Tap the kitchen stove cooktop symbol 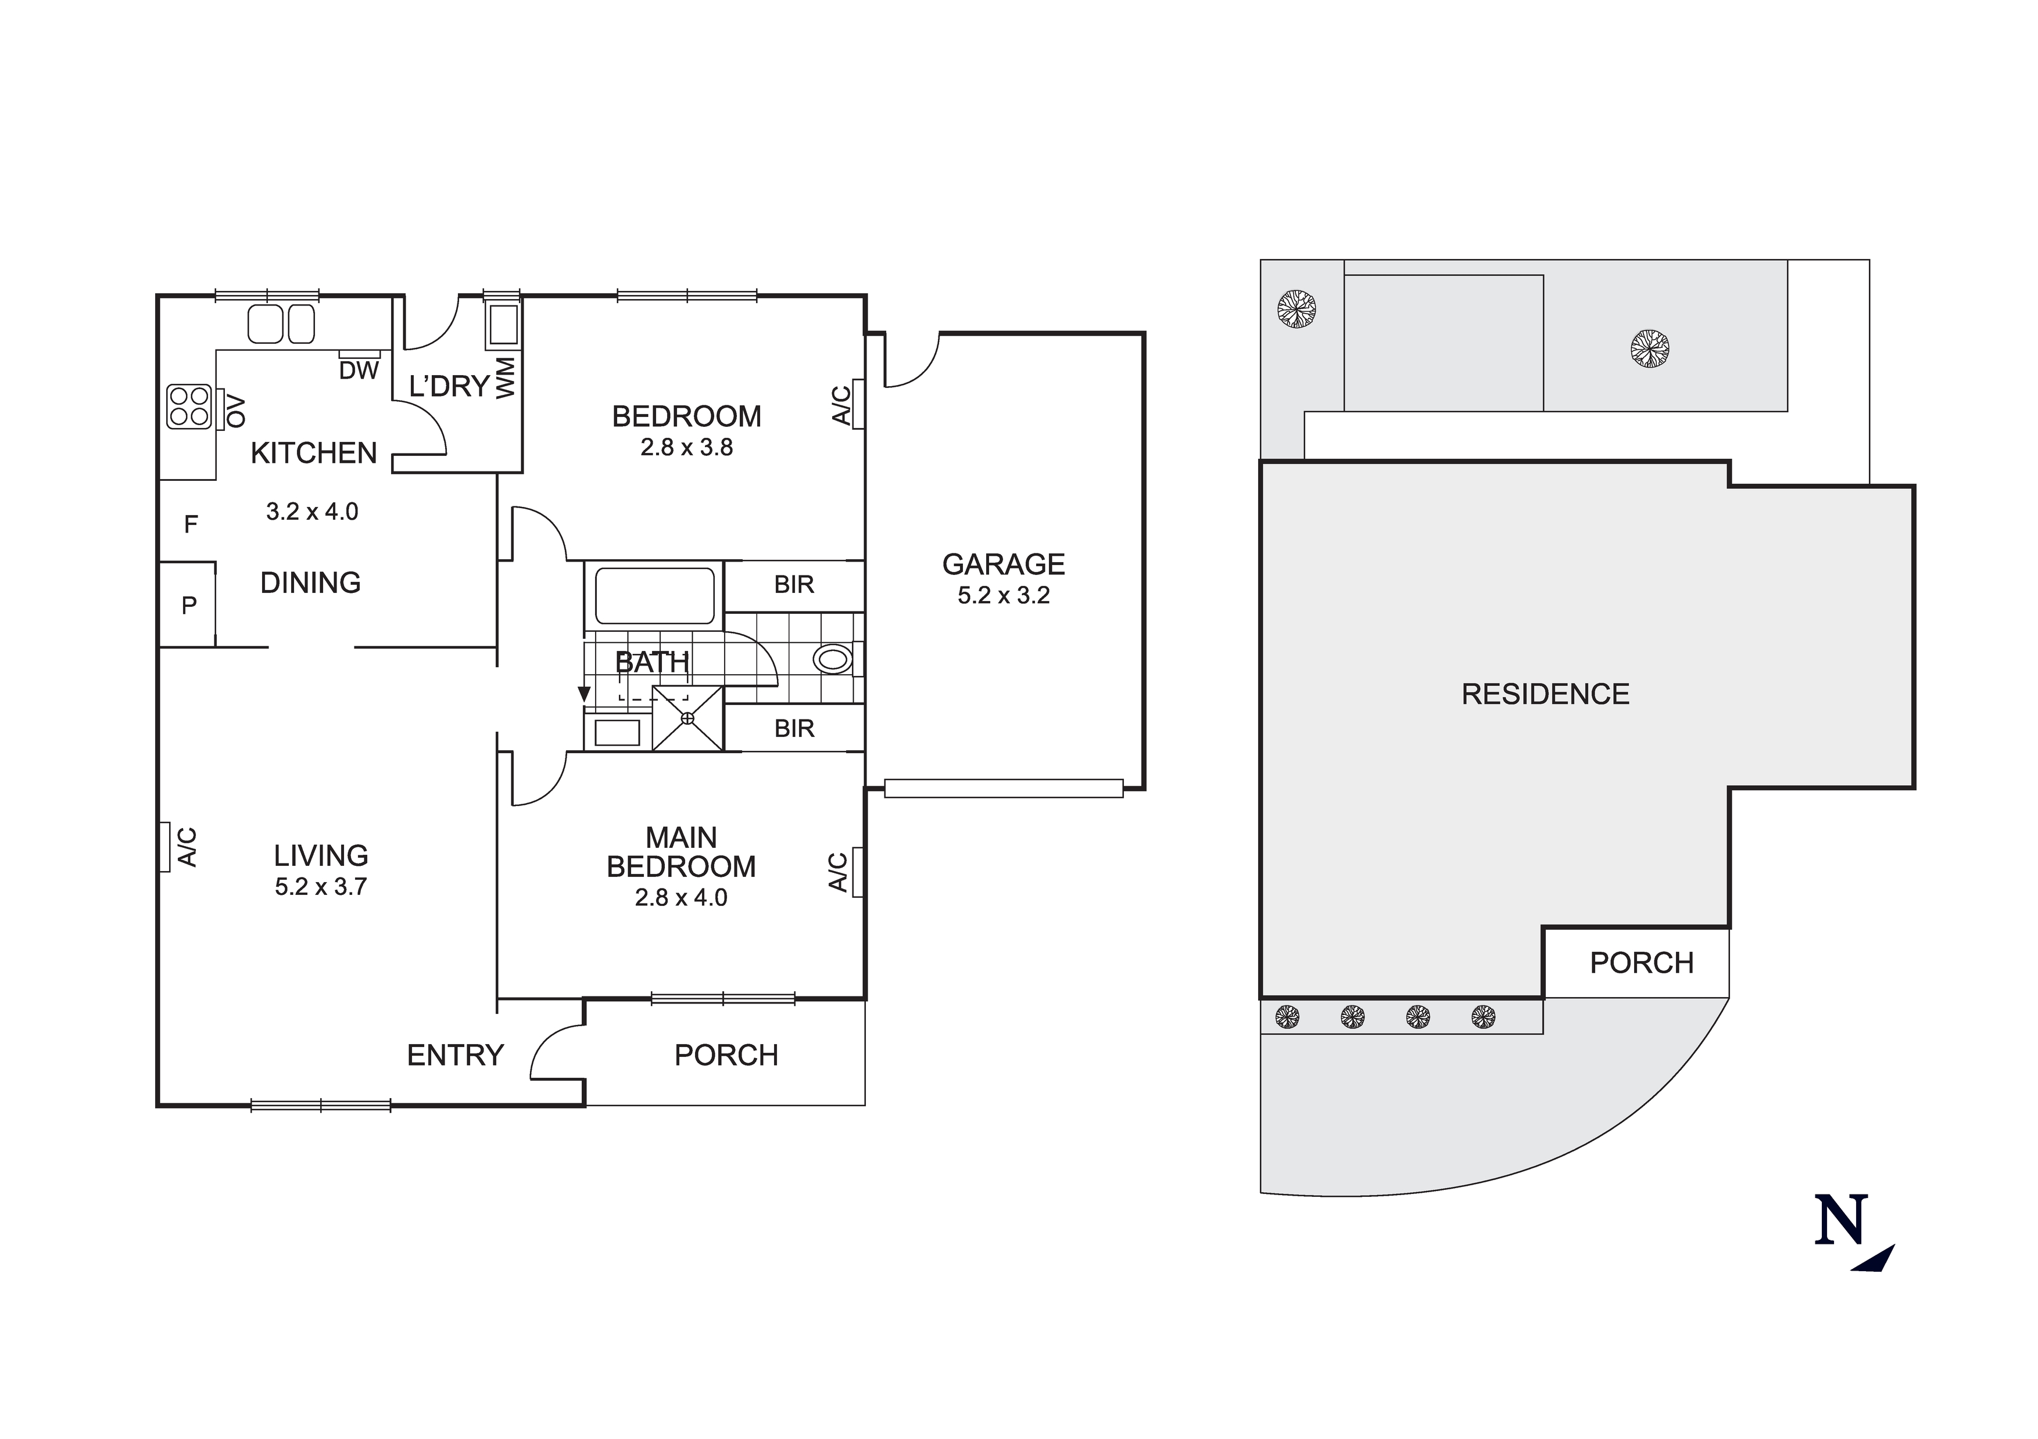(189, 407)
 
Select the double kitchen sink (281, 324)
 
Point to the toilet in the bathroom (834, 659)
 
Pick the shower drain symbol (687, 718)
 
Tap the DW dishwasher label (359, 371)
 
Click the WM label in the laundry (505, 378)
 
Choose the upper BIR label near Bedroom (794, 585)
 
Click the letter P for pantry (189, 606)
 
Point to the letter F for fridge (190, 525)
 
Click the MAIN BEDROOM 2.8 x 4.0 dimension (681, 898)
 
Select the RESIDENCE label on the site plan (1545, 694)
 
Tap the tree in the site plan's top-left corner (1296, 310)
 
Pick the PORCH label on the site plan (1641, 963)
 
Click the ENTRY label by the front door (456, 1055)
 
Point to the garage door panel (1004, 788)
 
